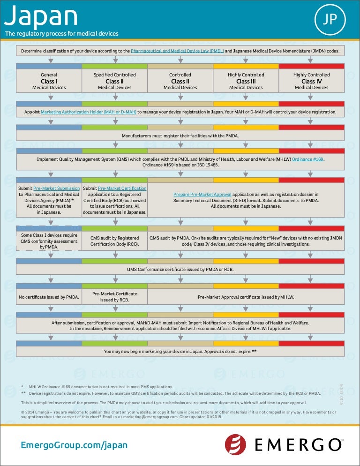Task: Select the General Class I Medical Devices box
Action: coord(49,81)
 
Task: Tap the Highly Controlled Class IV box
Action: coord(311,81)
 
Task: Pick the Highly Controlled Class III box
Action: coord(246,81)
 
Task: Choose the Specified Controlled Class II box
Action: coord(115,81)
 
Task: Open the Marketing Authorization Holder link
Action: coord(89,112)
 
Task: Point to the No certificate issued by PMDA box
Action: coord(49,297)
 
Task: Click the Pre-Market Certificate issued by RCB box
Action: coord(115,297)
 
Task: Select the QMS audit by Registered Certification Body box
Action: coord(115,241)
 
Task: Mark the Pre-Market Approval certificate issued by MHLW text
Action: coord(246,297)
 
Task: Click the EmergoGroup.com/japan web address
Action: coord(74,445)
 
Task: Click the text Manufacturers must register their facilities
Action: coord(180,136)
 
